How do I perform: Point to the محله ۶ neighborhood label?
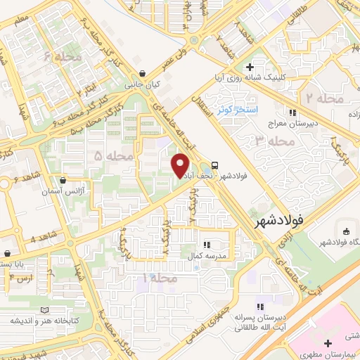[x=63, y=56]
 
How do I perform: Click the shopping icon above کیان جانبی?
[x=143, y=73]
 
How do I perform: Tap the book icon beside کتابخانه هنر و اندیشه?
[x=46, y=310]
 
